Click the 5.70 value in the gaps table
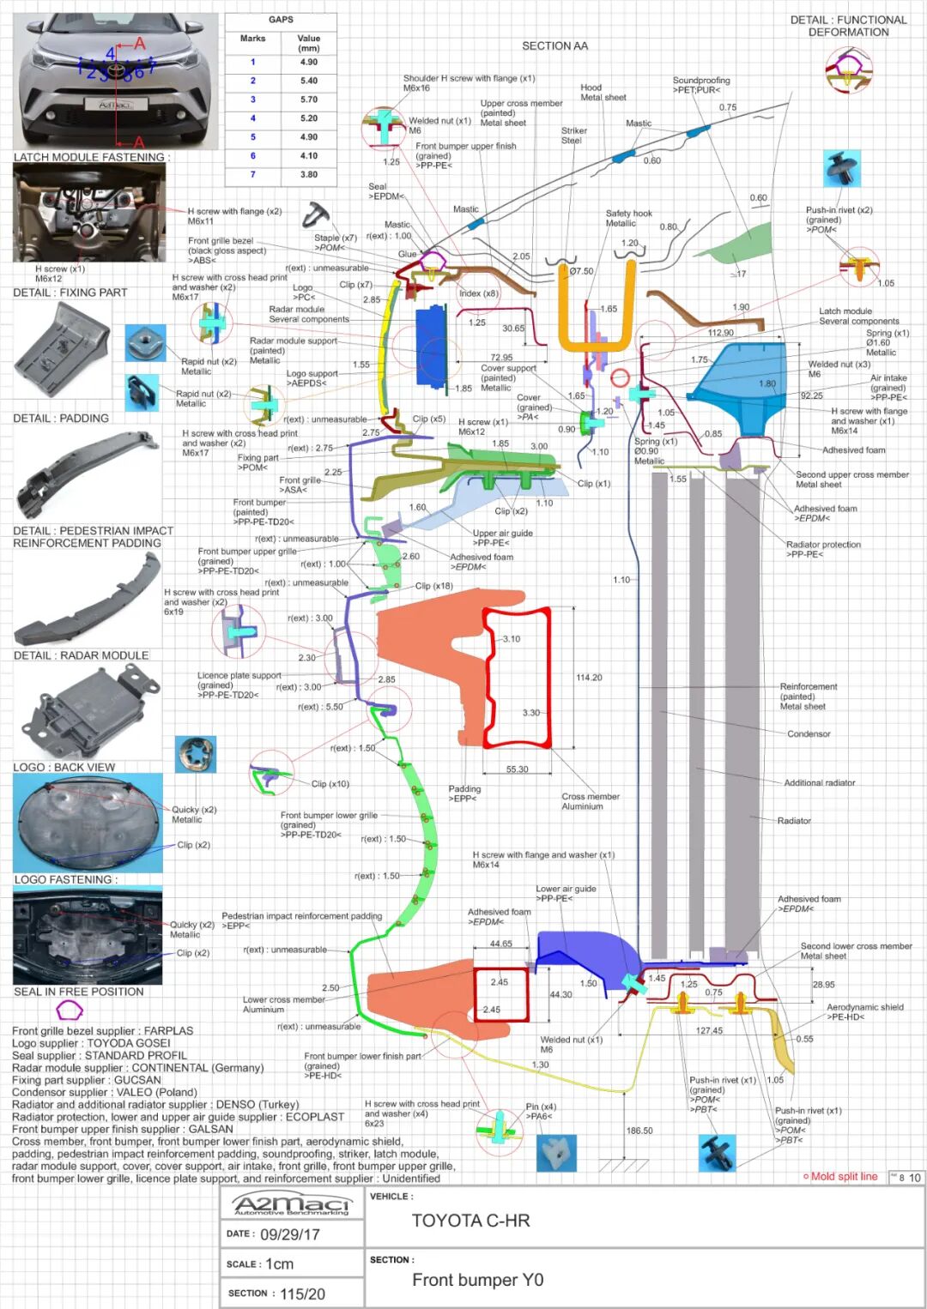309,100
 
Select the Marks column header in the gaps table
252,39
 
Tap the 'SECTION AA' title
554,46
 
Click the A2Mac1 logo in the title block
292,1203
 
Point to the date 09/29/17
289,1234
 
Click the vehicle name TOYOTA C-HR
470,1221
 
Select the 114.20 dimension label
589,678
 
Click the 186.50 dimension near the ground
639,1131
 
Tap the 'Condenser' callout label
809,734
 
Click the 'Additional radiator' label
819,783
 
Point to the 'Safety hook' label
629,214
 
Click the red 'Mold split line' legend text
844,1177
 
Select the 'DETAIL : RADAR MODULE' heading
81,655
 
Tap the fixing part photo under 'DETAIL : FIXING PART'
63,350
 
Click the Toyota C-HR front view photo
116,81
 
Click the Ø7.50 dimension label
581,271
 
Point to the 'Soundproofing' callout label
701,81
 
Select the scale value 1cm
279,1264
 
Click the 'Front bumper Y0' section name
477,1280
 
